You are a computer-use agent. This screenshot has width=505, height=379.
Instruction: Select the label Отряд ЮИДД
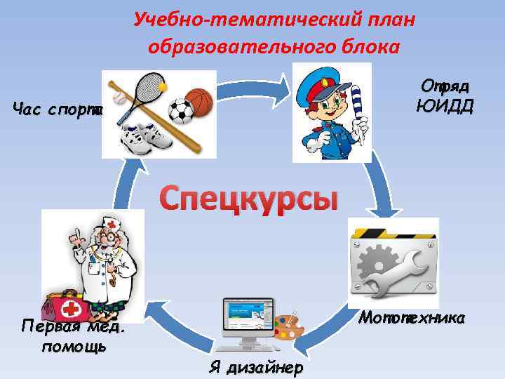click(443, 95)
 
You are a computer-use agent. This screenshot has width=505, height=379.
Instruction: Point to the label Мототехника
click(412, 318)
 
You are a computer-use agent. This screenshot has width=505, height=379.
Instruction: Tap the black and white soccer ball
click(181, 110)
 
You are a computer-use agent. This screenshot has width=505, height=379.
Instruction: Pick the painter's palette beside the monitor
click(285, 327)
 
